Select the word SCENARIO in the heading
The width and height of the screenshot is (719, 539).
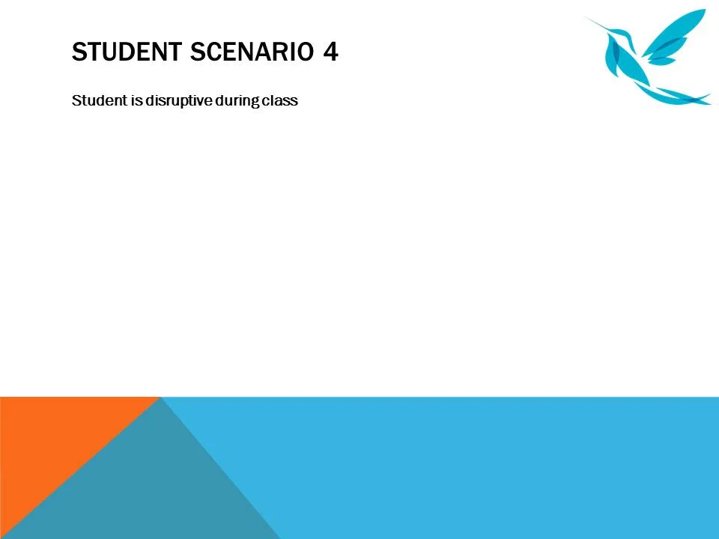click(252, 52)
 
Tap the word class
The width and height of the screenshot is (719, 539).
click(280, 100)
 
